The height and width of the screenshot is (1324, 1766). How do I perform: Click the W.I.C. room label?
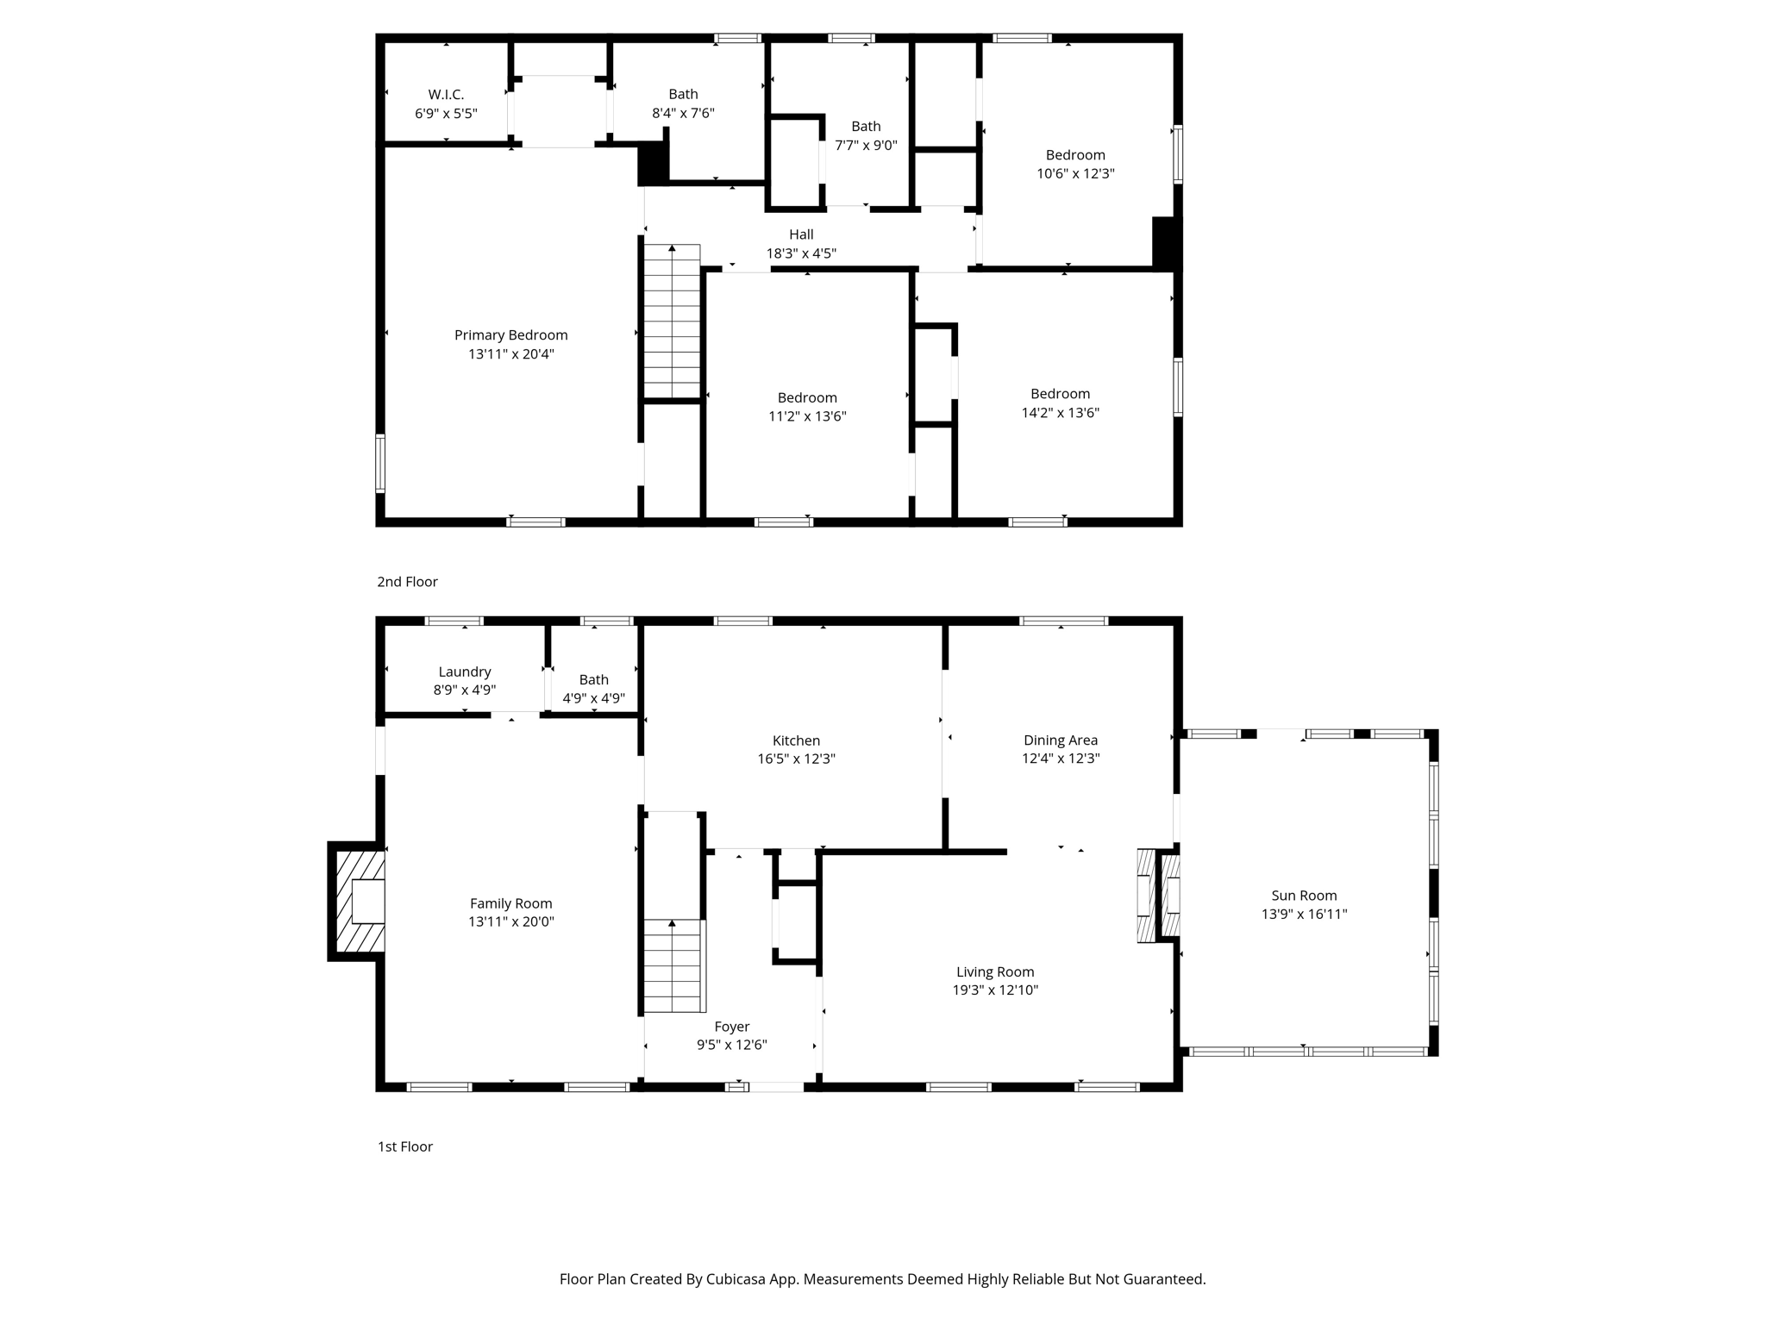coord(446,95)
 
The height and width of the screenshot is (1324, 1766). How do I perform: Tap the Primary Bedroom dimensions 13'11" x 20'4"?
coord(510,354)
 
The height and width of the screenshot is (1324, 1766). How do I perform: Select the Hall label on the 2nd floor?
coord(801,234)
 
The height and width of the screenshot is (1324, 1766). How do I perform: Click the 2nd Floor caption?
coord(407,582)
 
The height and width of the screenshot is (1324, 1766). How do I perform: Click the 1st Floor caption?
coord(404,1146)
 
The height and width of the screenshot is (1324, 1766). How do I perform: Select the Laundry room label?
coord(464,672)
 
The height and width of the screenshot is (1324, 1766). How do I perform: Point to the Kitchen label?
coord(796,740)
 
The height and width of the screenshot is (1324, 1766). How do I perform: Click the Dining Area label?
coord(1060,740)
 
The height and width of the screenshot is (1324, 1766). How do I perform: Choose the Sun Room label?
coord(1304,896)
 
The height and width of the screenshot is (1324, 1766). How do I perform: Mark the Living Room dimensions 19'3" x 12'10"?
coord(995,990)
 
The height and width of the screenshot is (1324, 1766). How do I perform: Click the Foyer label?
coord(731,1027)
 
